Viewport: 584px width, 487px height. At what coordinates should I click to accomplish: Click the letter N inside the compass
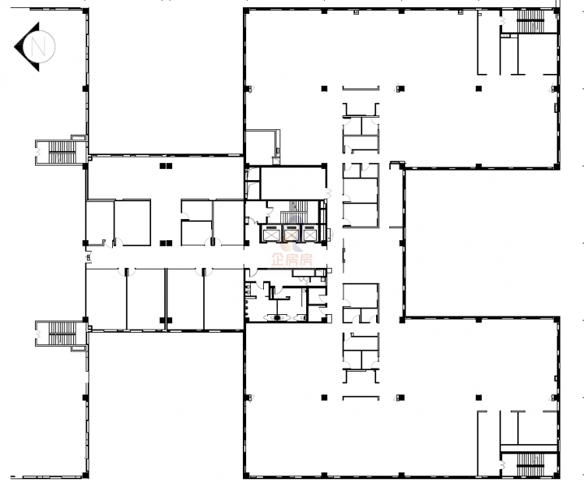point(38,47)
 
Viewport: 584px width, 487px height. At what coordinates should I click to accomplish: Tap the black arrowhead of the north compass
point(27,47)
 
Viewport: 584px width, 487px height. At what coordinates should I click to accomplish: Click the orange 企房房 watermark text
point(292,260)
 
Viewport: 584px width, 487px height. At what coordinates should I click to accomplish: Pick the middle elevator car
point(292,234)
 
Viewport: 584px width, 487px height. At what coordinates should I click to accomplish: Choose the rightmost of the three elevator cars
point(309,234)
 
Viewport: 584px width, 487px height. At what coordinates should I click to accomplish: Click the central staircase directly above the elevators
point(294,212)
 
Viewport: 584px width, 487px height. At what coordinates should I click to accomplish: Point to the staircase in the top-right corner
point(530,21)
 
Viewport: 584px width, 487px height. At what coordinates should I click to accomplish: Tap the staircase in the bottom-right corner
point(530,464)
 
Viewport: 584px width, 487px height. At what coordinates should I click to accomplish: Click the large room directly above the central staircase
point(293,183)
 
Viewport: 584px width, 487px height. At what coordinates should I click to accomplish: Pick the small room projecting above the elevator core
point(262,147)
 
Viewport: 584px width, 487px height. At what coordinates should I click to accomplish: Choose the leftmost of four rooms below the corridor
point(106,299)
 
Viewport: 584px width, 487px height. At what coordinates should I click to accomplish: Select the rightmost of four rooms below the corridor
point(224,299)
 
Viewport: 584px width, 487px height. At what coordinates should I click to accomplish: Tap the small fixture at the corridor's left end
point(89,257)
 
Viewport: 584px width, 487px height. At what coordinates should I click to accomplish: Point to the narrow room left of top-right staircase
point(488,42)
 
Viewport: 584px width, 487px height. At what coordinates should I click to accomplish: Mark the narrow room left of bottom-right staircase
point(488,443)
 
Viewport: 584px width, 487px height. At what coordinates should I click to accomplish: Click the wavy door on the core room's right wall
point(328,193)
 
